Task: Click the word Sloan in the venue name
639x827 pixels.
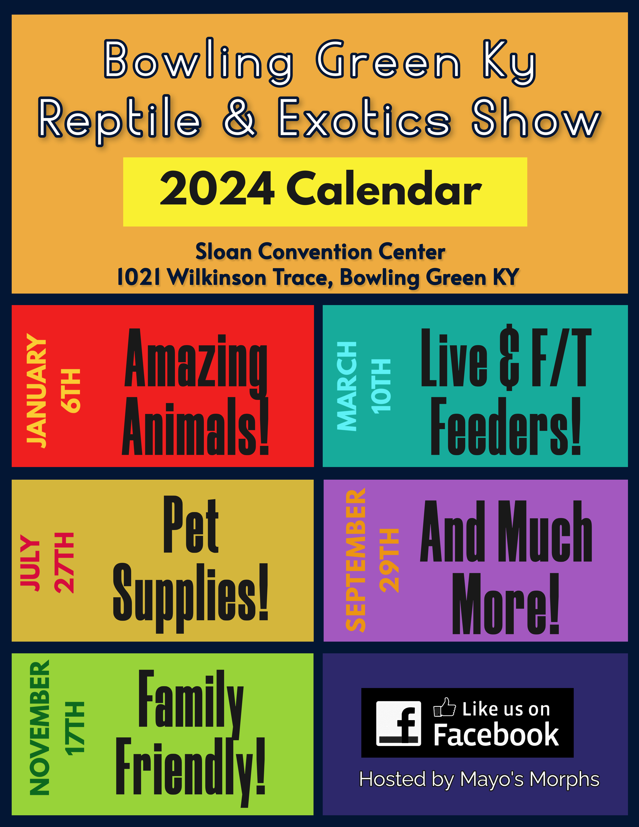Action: click(223, 252)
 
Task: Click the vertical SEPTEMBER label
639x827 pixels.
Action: click(356, 561)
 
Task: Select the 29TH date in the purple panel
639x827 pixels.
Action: click(389, 561)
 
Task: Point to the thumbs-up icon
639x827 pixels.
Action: click(445, 707)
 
